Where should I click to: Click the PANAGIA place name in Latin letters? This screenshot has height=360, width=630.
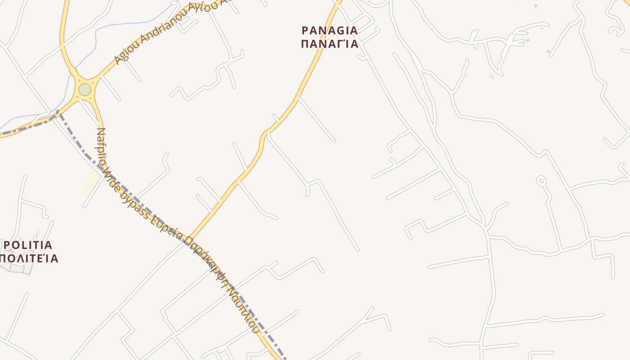[330, 31]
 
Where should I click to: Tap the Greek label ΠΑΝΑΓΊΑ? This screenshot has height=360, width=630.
[330, 44]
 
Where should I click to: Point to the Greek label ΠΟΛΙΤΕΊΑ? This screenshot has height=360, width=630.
[29, 258]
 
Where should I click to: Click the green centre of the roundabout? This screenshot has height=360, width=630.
[85, 90]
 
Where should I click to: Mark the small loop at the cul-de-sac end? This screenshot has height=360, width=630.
[541, 181]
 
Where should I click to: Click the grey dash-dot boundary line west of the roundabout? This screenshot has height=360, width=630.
[27, 128]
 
